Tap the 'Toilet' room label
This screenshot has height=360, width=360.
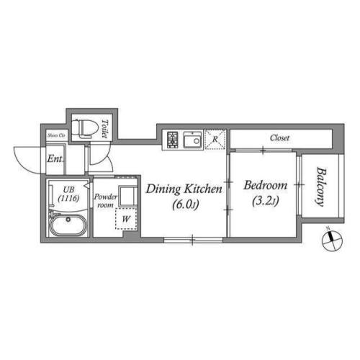104,127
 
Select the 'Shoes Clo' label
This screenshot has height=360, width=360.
56,135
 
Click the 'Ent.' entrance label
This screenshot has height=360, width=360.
55,159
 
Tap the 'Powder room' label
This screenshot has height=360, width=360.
106,199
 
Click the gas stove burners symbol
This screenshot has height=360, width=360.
174,139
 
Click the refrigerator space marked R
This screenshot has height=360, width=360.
214,139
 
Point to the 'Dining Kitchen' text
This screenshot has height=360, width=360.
184,189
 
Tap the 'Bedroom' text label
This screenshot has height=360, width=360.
265,185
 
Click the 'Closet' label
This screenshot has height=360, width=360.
280,138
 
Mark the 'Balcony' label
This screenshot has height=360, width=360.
318,187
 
